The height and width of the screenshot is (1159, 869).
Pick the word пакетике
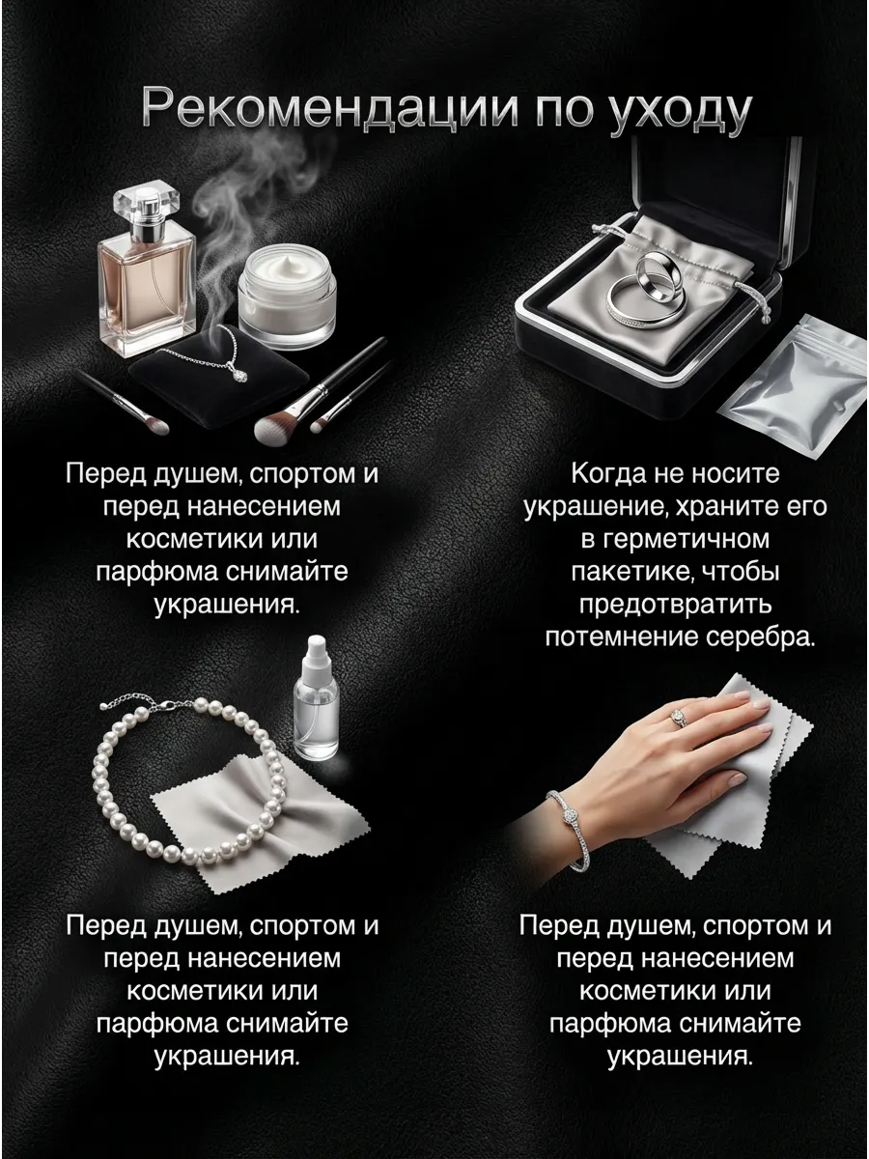point(639,572)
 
